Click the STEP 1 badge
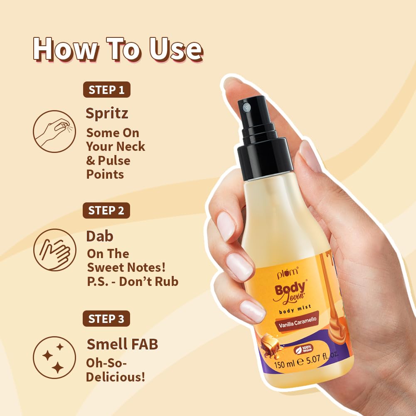point(106,90)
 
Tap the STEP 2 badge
point(106,211)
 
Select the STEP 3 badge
point(106,319)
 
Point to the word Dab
point(100,236)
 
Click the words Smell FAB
point(122,344)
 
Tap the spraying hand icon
point(54,131)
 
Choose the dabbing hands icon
point(54,250)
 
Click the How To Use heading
point(118,49)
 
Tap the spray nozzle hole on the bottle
point(247,107)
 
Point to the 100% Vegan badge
point(304,349)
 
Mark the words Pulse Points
point(108,167)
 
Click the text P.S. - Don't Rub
point(132,281)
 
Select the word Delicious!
point(116,377)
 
